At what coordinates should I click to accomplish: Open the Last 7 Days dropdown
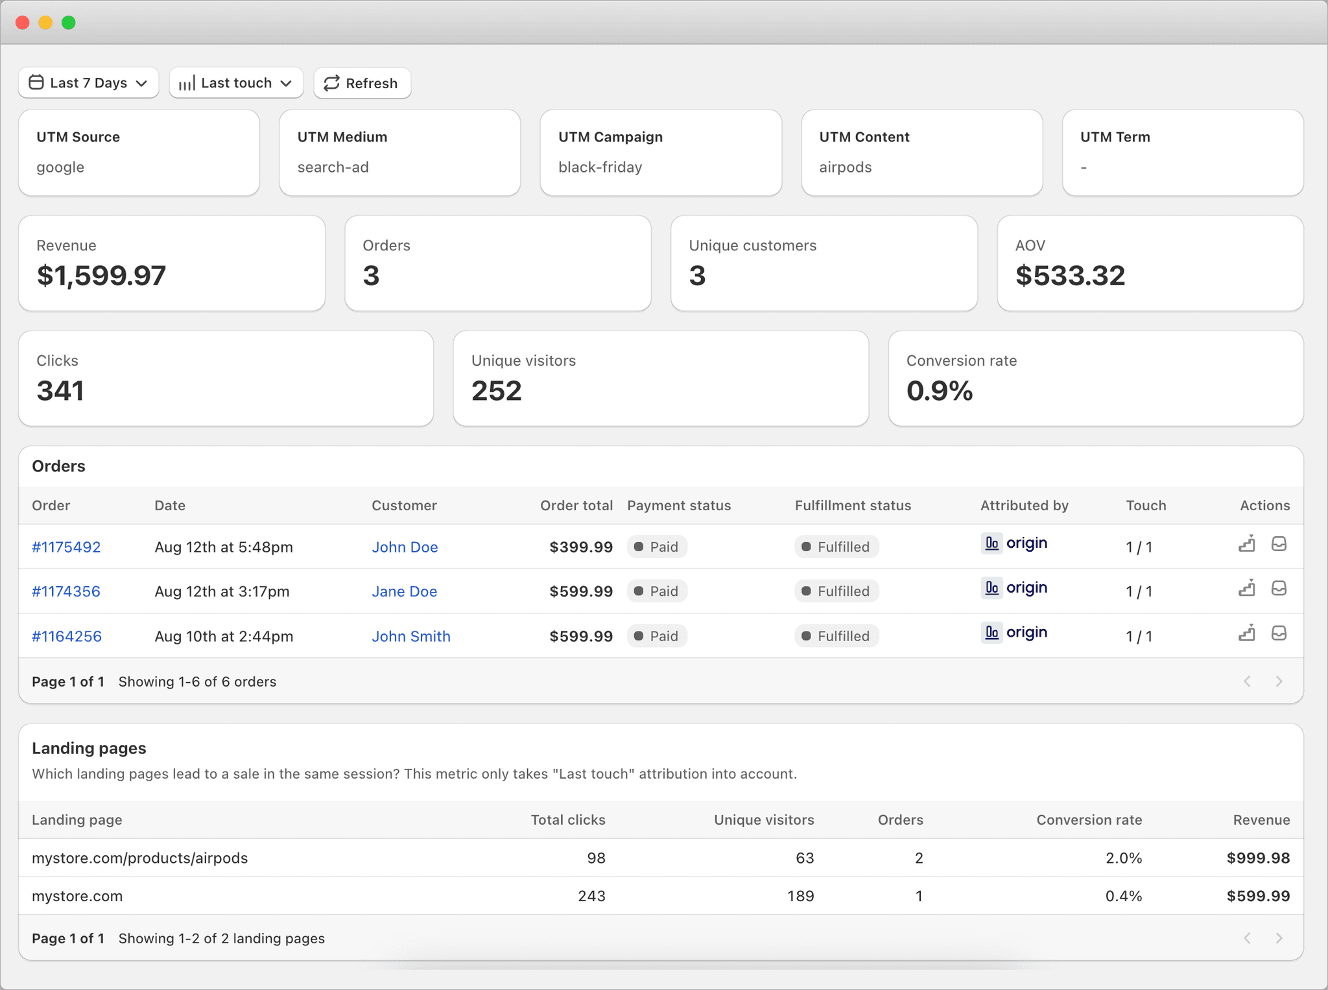pyautogui.click(x=89, y=83)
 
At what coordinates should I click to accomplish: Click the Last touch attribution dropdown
pyautogui.click(x=236, y=83)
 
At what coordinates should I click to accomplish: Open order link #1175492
pyautogui.click(x=66, y=547)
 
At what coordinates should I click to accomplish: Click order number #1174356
pyautogui.click(x=66, y=591)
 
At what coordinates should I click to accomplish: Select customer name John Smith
pyautogui.click(x=411, y=636)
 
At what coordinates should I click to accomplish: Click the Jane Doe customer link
pyautogui.click(x=405, y=591)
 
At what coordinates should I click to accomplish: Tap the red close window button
pyautogui.click(x=23, y=23)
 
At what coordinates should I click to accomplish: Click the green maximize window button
pyautogui.click(x=68, y=23)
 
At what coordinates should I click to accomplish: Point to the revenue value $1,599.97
pyautogui.click(x=101, y=276)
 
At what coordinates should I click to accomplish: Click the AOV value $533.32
pyautogui.click(x=1070, y=276)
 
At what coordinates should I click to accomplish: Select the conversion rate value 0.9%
pyautogui.click(x=940, y=391)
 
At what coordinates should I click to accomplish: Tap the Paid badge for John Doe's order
pyautogui.click(x=657, y=547)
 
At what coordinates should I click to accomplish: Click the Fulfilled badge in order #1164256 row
pyautogui.click(x=836, y=636)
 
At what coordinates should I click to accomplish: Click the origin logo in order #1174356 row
pyautogui.click(x=1014, y=588)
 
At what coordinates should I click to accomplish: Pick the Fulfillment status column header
pyautogui.click(x=853, y=506)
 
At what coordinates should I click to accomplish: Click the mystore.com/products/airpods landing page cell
pyautogui.click(x=140, y=858)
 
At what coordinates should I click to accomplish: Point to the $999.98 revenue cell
pyautogui.click(x=1258, y=858)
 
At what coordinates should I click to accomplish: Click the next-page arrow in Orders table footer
pyautogui.click(x=1279, y=681)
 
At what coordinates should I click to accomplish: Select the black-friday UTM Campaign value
pyautogui.click(x=600, y=167)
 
